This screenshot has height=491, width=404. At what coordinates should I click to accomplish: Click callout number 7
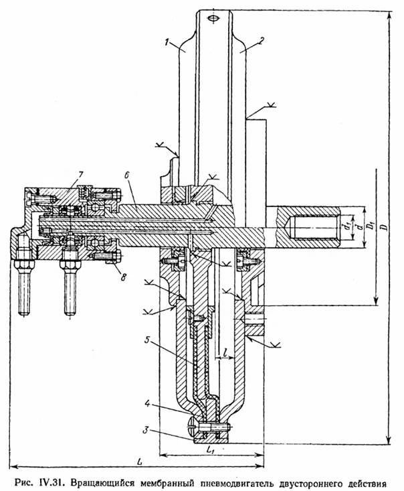click(x=80, y=175)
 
